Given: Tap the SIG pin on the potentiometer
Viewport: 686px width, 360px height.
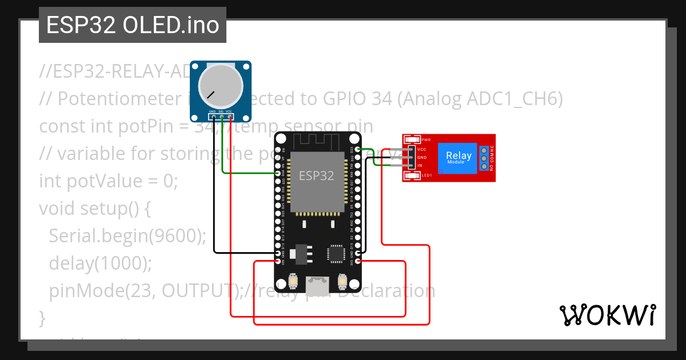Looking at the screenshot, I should [x=221, y=118].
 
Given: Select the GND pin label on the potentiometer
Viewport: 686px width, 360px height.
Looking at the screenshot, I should [x=212, y=111].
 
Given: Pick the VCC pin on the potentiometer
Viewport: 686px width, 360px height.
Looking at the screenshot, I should [x=230, y=118].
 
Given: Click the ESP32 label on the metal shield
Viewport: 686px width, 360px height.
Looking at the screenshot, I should [x=317, y=175].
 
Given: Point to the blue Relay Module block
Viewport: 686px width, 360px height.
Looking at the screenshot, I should [x=458, y=158].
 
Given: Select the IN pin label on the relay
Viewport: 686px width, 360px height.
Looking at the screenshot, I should [x=420, y=165].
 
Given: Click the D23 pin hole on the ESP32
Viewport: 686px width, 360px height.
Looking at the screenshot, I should [x=358, y=149].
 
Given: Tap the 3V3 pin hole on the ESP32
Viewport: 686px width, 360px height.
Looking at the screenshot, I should [x=358, y=262].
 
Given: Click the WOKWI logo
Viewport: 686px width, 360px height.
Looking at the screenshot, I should [x=607, y=315].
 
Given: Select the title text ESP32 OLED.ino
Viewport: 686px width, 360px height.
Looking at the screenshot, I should [x=133, y=26].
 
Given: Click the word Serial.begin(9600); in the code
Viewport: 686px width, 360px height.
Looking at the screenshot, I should [x=127, y=236].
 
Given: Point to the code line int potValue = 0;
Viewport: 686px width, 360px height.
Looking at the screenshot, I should [x=109, y=181].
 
